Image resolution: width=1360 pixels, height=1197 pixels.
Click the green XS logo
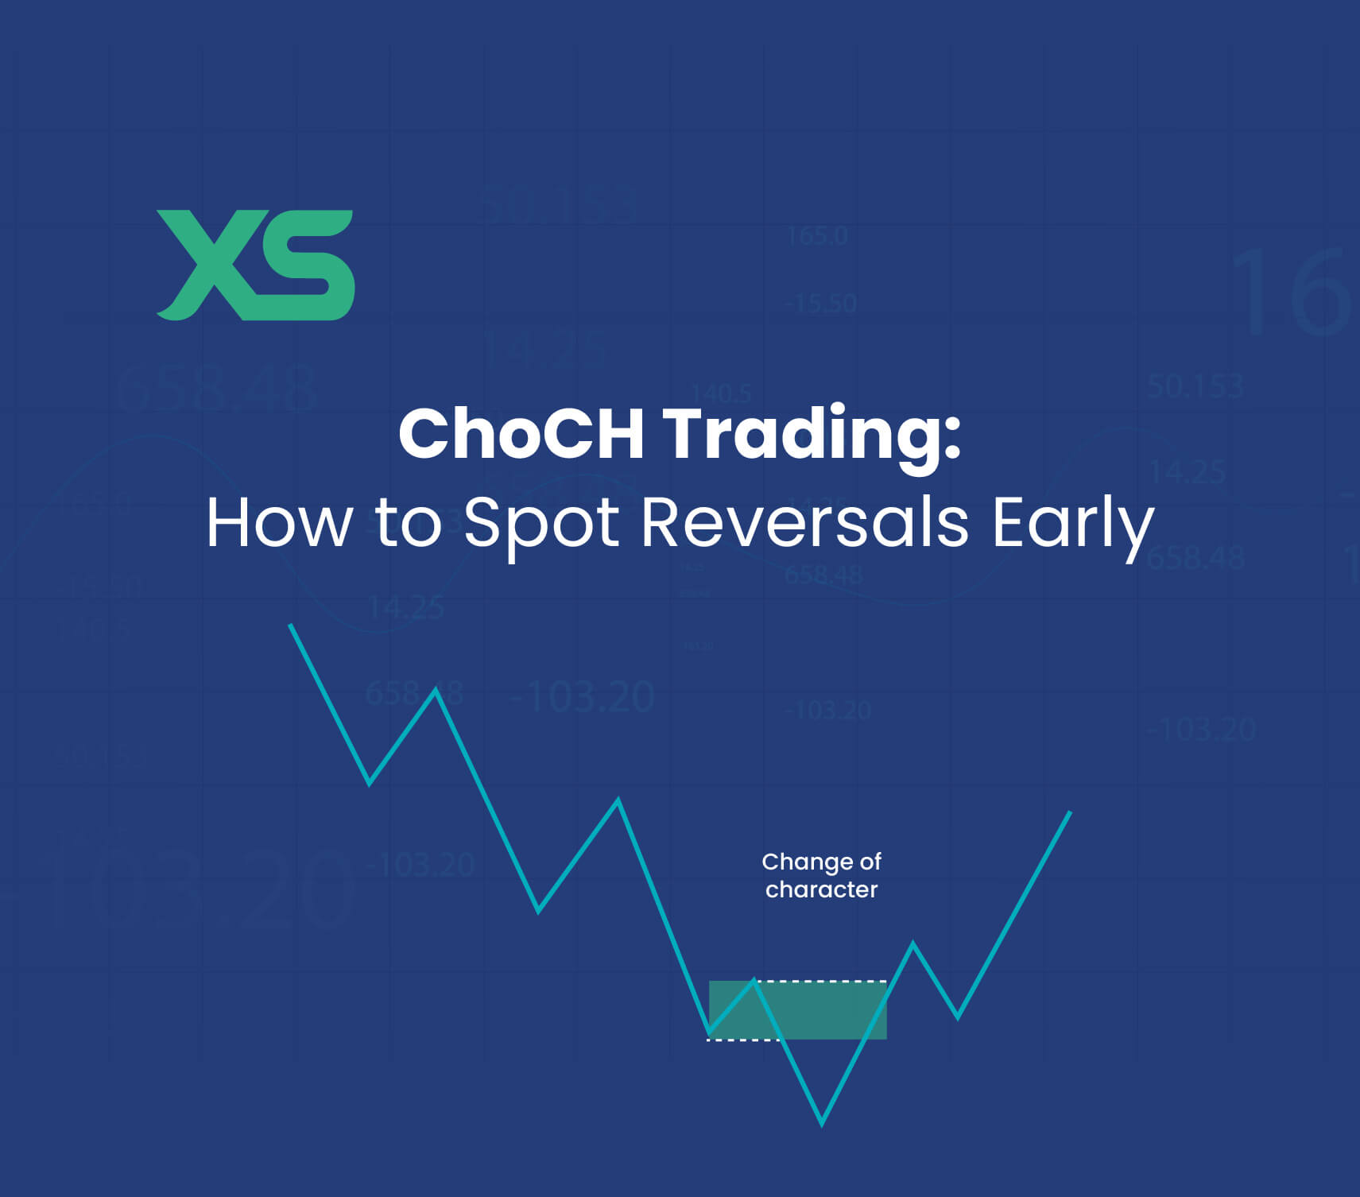pyautogui.click(x=255, y=265)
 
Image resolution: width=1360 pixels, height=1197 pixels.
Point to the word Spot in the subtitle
pyautogui.click(x=541, y=525)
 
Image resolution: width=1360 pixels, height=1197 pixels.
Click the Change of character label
pyautogui.click(x=821, y=875)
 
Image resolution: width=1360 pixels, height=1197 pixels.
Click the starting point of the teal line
pyautogui.click(x=290, y=626)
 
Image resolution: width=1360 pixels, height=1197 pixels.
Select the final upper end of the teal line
pyautogui.click(x=1070, y=813)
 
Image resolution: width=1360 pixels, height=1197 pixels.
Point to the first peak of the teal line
pyautogui.click(x=436, y=690)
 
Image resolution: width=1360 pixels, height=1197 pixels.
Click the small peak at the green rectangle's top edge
pyautogui.click(x=754, y=981)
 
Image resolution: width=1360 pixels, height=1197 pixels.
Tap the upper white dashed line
pyautogui.click(x=827, y=982)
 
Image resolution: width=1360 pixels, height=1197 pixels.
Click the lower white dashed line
pyautogui.click(x=739, y=1040)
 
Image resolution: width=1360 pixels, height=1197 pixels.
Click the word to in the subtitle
pyautogui.click(x=408, y=524)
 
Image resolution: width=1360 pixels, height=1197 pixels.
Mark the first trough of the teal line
pyautogui.click(x=370, y=784)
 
